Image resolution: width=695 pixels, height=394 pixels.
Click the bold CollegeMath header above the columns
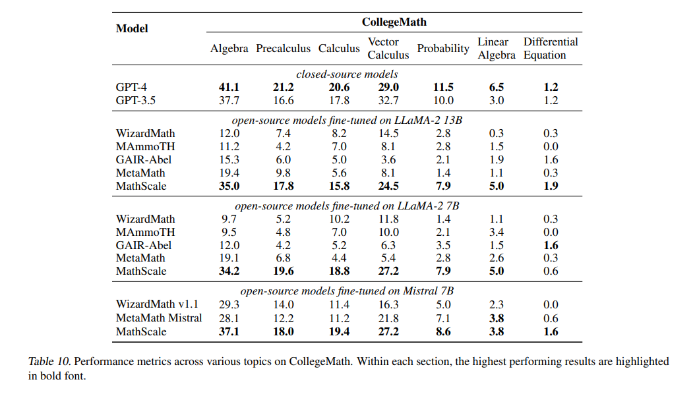[394, 22]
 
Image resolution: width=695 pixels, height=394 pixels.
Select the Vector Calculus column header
[383, 48]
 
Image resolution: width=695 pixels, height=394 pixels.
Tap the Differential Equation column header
[550, 48]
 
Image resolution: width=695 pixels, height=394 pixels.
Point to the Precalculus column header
[283, 49]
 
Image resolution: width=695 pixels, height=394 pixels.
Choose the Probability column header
[443, 49]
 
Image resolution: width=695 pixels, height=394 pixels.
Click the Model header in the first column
[132, 28]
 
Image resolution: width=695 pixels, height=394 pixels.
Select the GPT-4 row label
[131, 87]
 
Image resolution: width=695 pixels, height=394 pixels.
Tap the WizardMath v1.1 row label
[157, 304]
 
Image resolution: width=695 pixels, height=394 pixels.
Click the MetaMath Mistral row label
[159, 318]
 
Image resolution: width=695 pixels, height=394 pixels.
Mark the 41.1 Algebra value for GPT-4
[229, 87]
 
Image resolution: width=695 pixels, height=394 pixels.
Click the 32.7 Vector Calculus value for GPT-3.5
[383, 100]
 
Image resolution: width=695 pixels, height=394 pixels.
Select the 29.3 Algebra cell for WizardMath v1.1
[229, 304]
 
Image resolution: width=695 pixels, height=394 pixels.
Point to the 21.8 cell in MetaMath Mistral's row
[383, 318]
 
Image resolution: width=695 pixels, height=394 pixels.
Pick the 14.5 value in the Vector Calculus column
[383, 133]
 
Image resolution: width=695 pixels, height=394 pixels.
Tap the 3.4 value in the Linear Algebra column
[497, 232]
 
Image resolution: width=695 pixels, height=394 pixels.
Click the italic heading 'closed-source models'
[347, 74]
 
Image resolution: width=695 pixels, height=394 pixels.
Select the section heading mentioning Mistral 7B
[347, 291]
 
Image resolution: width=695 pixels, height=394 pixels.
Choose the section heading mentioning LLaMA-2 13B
[347, 120]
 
